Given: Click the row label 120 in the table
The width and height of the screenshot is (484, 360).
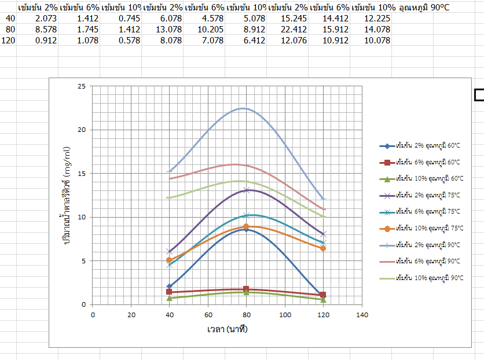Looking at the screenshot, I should point(8,41).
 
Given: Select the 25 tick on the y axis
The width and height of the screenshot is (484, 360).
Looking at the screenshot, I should point(82,86).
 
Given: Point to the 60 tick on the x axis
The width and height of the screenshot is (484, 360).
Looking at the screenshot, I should point(208,315).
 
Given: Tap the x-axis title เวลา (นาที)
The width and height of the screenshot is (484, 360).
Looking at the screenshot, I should point(228,329).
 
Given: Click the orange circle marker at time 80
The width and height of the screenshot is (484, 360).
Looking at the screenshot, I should point(246,226).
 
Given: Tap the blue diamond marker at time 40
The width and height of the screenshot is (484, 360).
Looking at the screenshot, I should point(170,286).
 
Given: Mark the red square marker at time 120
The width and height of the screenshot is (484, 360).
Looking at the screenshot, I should point(323,295).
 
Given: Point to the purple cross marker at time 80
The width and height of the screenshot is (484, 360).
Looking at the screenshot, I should point(246,190).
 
